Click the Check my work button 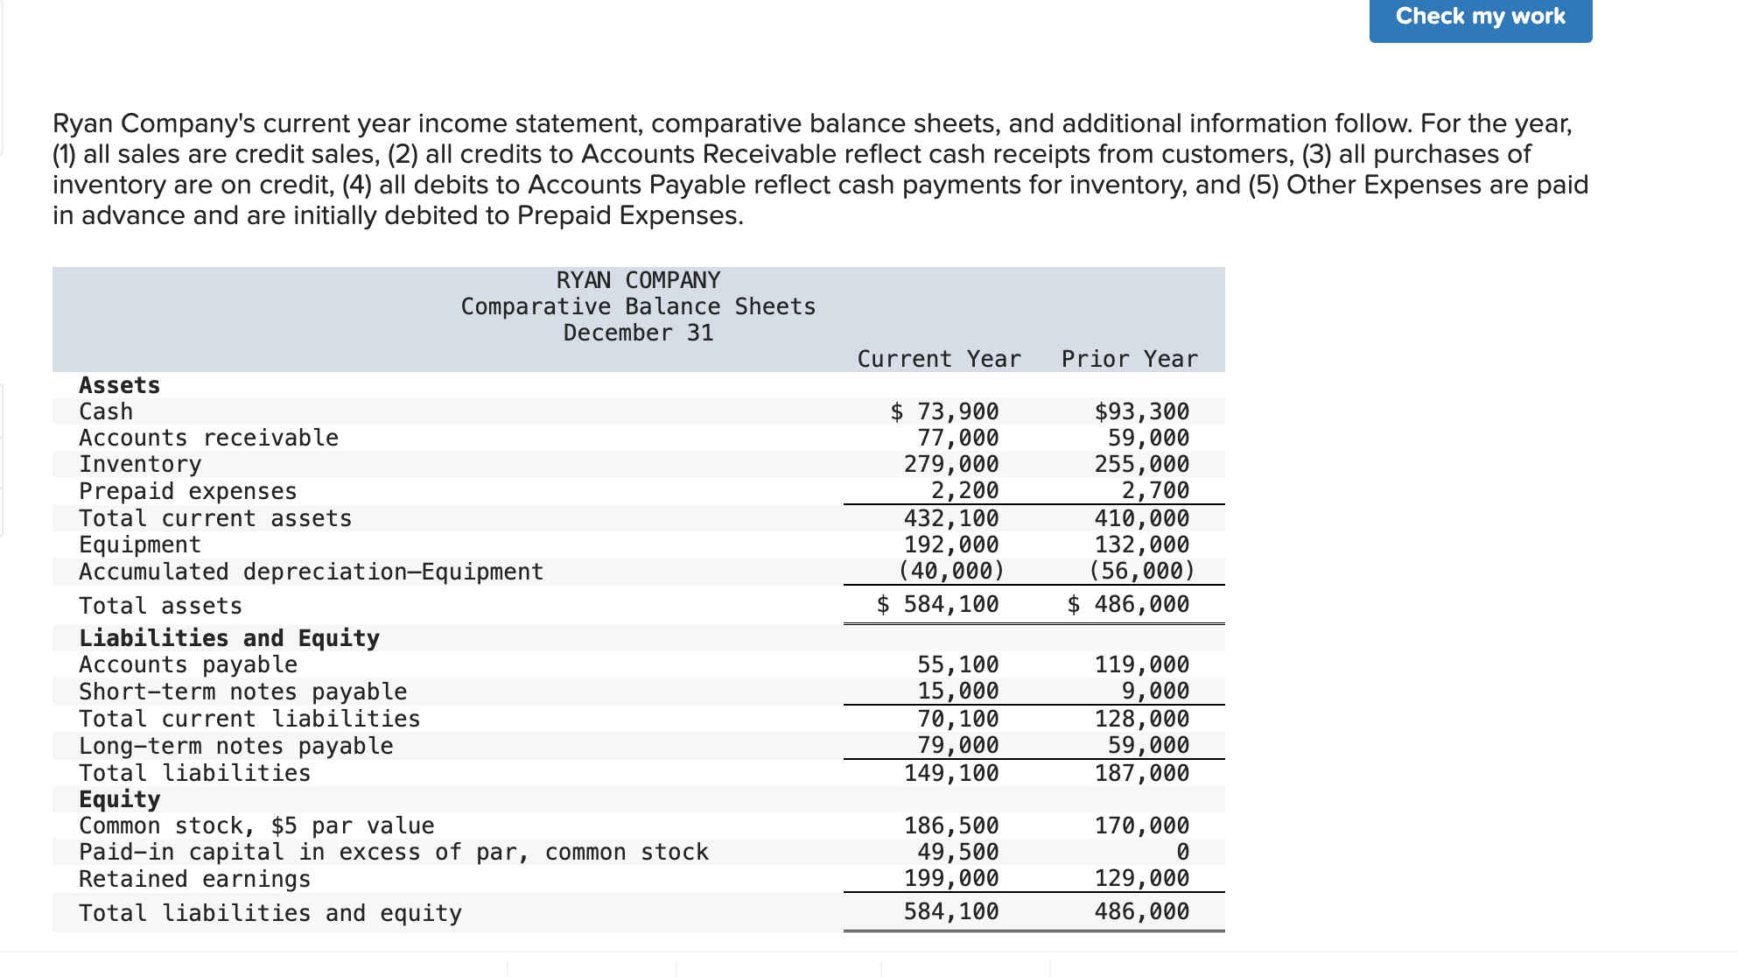point(1480,18)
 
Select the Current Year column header point(938,359)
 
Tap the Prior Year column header point(1129,359)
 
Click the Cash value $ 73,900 point(945,411)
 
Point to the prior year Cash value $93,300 point(1141,411)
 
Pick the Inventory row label point(140,464)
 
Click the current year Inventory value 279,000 point(951,464)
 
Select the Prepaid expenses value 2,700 point(1155,490)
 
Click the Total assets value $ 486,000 point(1129,604)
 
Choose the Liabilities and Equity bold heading point(229,638)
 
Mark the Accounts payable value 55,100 point(957,664)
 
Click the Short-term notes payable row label point(242,692)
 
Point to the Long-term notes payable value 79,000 point(957,745)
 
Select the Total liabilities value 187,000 point(1141,773)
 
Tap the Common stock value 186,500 point(951,826)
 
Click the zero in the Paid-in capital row point(1182,852)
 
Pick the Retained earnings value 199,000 point(951,878)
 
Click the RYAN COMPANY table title point(638,280)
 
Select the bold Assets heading point(119,385)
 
